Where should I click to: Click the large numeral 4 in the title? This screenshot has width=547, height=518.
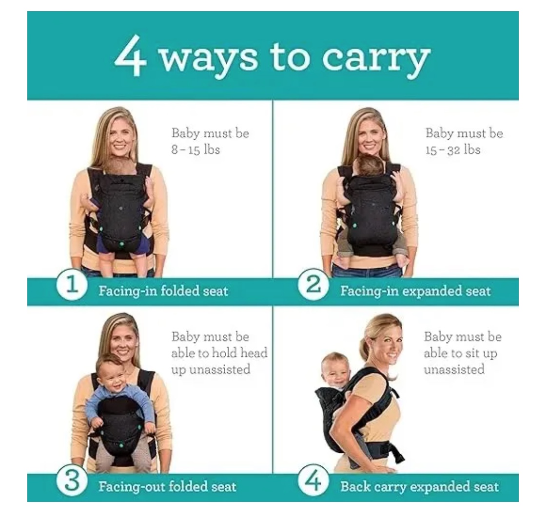(x=130, y=56)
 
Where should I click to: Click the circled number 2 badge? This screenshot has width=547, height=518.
(x=313, y=284)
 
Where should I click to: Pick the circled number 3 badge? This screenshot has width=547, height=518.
(x=72, y=481)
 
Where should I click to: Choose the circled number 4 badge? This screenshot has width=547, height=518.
(x=313, y=481)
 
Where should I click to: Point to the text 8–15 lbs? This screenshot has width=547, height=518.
(x=195, y=150)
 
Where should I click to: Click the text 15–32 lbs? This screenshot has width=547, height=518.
(x=453, y=150)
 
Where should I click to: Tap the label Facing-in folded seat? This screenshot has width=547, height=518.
(x=163, y=291)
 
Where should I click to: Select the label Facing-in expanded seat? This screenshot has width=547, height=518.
(x=415, y=291)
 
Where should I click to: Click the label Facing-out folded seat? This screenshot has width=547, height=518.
(x=167, y=487)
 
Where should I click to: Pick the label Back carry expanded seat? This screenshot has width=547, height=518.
(x=419, y=487)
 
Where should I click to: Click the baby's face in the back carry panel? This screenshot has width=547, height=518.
(x=334, y=370)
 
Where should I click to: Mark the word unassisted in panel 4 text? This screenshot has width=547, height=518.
(x=454, y=369)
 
